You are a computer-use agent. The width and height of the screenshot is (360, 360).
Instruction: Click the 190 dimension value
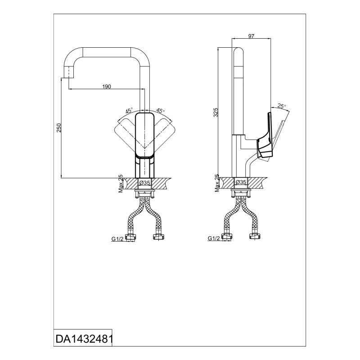(106, 86)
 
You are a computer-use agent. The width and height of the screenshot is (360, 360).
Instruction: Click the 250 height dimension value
(58, 129)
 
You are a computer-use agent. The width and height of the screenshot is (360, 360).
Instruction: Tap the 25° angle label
(282, 106)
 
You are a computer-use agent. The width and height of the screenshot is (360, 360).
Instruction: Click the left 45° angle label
(129, 110)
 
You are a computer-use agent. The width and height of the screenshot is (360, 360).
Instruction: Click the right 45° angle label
(160, 110)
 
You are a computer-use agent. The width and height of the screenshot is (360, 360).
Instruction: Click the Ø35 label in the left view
(144, 183)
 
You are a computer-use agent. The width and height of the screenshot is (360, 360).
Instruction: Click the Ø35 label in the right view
(241, 183)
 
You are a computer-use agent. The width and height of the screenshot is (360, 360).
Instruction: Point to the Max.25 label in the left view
(121, 184)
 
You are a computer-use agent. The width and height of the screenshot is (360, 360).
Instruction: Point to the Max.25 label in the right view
(217, 184)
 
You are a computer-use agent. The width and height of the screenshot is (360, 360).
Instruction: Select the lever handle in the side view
(265, 135)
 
